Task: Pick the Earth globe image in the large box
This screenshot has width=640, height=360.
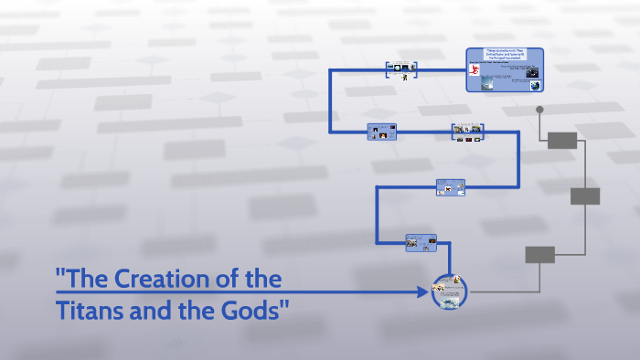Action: coord(533,85)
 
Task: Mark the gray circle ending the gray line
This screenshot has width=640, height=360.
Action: coord(540,110)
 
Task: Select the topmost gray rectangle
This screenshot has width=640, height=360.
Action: coord(562,140)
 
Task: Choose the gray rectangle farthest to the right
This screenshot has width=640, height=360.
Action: coord(585,196)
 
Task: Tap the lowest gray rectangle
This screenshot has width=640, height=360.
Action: coord(540,255)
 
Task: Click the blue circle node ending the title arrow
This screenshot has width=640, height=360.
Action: coord(449,292)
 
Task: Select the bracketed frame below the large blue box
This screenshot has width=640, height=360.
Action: coord(467,132)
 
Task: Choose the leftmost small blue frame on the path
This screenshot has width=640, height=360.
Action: coord(381,132)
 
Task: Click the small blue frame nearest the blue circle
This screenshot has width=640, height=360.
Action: coord(421,242)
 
